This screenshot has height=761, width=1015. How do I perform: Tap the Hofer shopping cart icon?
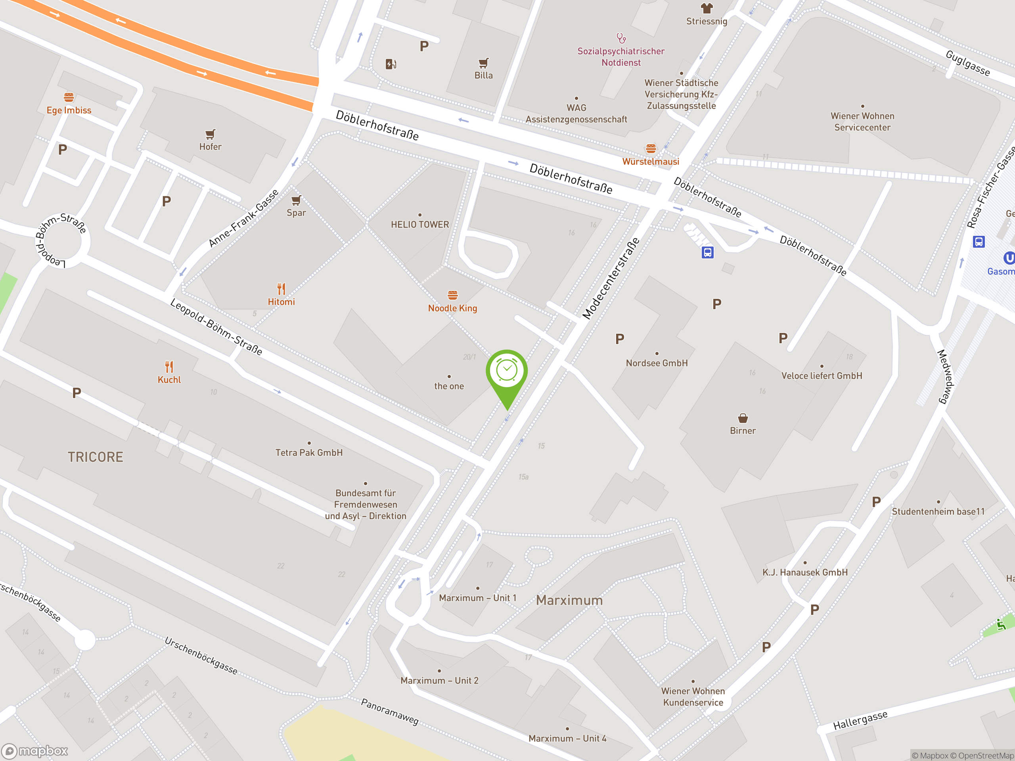pos(210,134)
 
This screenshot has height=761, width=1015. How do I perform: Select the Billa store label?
pos(483,76)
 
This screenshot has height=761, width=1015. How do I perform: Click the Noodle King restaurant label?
pos(452,308)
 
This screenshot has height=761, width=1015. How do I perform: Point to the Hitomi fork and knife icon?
pos(281,289)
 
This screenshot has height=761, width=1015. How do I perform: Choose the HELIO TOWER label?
pos(420,224)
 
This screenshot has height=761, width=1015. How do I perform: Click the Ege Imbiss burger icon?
pos(69,97)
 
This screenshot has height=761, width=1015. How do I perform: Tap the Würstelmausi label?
pos(650,161)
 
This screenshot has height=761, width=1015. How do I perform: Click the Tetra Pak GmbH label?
pos(309,453)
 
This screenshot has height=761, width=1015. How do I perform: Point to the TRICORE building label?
pos(96,457)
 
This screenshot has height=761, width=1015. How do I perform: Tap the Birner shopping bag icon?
pos(743,418)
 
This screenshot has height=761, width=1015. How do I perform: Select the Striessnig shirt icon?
pos(707,8)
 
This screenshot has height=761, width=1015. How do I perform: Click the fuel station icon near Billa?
pos(391,64)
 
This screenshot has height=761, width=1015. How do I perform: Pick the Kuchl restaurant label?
pos(169,380)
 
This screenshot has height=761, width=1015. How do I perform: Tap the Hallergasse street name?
pos(860,720)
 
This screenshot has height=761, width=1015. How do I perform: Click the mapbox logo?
pos(35,751)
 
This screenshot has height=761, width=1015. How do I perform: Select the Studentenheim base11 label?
pos(938,511)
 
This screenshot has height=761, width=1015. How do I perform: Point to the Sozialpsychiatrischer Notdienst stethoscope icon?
pos(621,38)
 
